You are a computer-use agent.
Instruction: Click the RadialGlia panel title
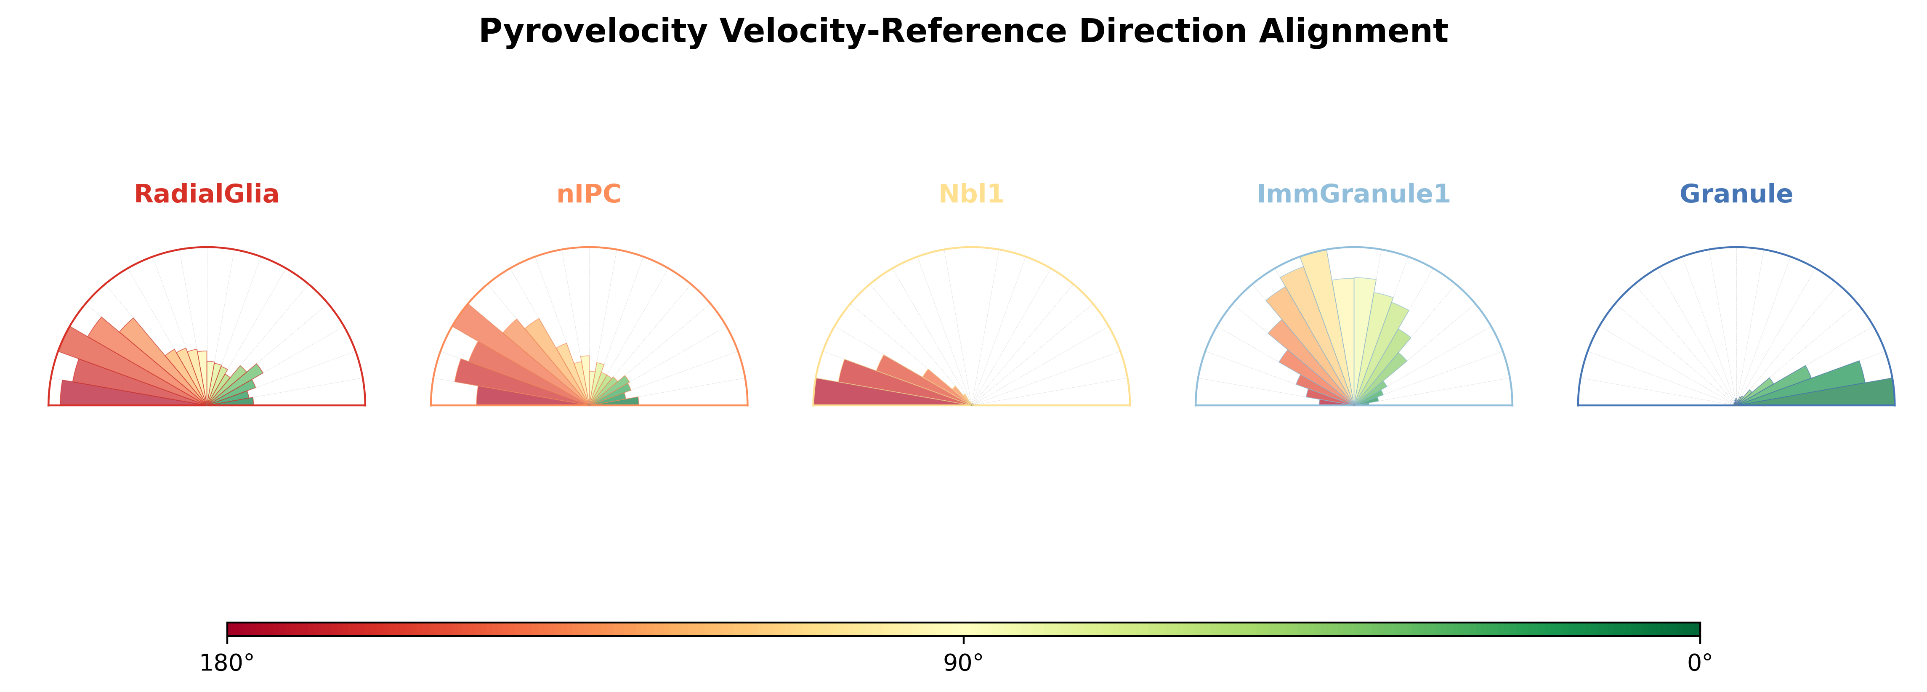click(207, 194)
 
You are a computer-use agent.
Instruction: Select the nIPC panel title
click(589, 194)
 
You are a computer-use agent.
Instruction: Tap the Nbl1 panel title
click(971, 194)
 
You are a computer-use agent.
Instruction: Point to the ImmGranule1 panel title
click(1353, 194)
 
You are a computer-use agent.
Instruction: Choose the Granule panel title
click(1736, 194)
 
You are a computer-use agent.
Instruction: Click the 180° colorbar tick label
click(227, 663)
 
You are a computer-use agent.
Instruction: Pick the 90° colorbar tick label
click(964, 663)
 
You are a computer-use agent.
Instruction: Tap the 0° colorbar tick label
click(1700, 663)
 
